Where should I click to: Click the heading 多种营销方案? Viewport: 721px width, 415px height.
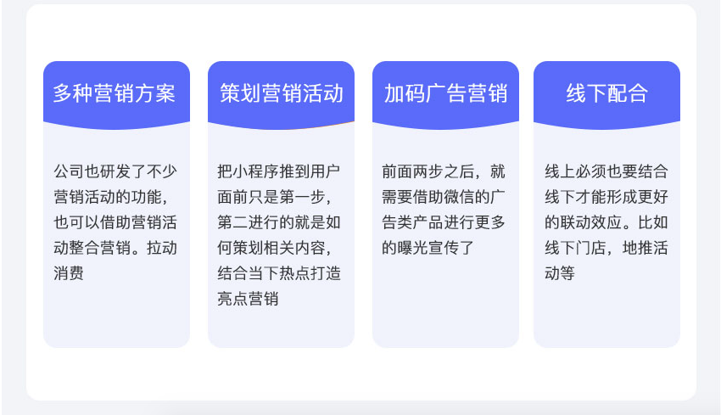(x=114, y=93)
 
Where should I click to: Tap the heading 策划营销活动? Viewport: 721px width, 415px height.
(x=282, y=93)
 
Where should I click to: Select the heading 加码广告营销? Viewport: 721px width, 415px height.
(x=445, y=93)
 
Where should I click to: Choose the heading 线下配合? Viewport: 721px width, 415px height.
(x=607, y=93)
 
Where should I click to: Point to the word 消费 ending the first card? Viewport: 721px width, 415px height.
(x=69, y=273)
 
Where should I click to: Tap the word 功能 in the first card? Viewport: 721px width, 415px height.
(x=146, y=197)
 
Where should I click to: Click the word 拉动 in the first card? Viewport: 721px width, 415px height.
(x=162, y=248)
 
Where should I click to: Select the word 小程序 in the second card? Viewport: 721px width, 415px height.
(x=255, y=171)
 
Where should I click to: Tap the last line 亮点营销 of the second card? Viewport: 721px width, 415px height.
(x=248, y=299)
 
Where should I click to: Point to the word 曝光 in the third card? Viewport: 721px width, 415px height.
(x=412, y=248)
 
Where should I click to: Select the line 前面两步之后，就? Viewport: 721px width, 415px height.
(x=444, y=171)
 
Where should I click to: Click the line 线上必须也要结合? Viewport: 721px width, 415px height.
(x=606, y=171)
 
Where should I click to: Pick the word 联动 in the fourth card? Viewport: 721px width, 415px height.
(x=576, y=222)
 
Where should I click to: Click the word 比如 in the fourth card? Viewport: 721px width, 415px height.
(x=653, y=222)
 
